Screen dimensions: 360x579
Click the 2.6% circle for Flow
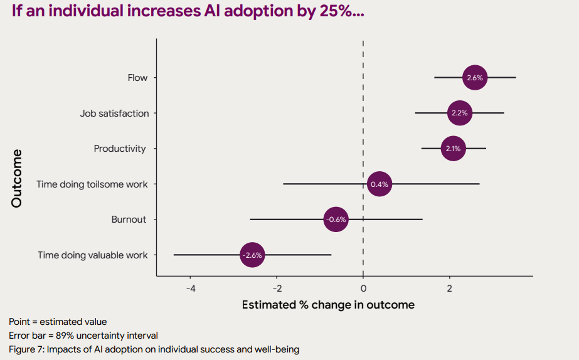click(475, 78)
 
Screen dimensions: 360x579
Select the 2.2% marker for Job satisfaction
click(459, 114)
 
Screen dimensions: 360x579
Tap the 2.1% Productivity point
click(453, 149)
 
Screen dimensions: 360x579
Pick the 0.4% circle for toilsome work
click(380, 184)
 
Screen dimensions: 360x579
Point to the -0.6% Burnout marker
click(336, 220)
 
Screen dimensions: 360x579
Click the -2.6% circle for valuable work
click(252, 255)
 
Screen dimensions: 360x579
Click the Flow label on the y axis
click(137, 78)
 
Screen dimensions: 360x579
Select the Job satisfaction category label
click(114, 114)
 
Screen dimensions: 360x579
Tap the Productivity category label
click(120, 149)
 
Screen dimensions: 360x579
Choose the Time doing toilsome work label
click(92, 184)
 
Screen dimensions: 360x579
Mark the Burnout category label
click(129, 220)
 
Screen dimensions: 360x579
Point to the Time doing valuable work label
click(93, 255)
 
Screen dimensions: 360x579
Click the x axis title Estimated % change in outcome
click(328, 305)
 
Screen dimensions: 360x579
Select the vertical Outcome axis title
click(16, 178)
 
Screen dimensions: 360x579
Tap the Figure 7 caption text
click(154, 349)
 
